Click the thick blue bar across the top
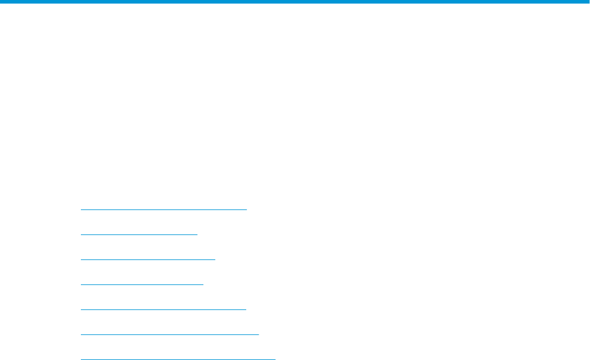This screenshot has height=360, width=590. [295, 2]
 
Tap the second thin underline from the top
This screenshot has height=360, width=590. [139, 234]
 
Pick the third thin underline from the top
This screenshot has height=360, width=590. [147, 259]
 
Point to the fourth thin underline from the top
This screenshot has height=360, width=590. [142, 284]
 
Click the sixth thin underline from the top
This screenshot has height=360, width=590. [170, 334]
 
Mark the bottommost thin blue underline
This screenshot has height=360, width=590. [178, 359]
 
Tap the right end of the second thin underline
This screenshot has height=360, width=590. [197, 234]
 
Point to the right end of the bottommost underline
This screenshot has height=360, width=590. [275, 359]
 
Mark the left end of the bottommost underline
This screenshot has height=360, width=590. [81, 359]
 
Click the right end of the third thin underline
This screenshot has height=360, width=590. [215, 259]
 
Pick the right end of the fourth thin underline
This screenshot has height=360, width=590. [203, 284]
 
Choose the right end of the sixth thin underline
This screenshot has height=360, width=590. [259, 334]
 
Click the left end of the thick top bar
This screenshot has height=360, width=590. [2, 2]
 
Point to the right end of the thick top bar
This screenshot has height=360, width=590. [588, 2]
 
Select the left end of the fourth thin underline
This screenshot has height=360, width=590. [81, 284]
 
